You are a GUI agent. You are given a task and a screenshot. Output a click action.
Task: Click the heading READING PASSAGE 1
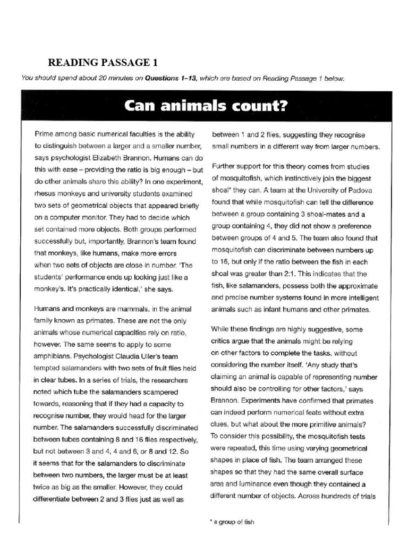coord(103,62)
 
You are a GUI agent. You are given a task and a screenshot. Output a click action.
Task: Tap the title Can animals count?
coord(205,106)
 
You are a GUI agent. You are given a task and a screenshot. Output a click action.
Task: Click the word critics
coord(224,341)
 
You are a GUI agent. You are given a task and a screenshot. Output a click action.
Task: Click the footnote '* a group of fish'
coord(234,522)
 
